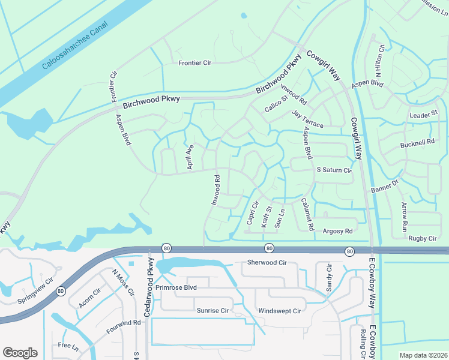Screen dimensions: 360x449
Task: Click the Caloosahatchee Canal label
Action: [x=74, y=48]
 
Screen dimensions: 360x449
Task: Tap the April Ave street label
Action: [x=190, y=157]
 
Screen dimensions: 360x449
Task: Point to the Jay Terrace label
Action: [x=307, y=119]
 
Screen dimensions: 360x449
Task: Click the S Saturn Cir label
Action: [x=334, y=170]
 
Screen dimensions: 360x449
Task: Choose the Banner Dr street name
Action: [x=385, y=187]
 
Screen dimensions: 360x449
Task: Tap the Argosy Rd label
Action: [x=337, y=230]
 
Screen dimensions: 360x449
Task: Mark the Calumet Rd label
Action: [x=307, y=214]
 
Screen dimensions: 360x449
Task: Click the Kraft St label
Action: [x=267, y=217]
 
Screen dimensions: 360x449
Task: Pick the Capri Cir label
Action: [x=253, y=212]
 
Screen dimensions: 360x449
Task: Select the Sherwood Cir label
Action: [x=268, y=263]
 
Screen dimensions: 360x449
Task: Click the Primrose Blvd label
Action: [x=176, y=287]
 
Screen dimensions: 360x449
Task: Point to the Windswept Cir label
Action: [x=280, y=311]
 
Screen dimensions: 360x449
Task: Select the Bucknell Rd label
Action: [x=417, y=144]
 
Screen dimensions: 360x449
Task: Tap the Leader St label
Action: [x=424, y=114]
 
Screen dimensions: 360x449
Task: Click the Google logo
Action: [x=20, y=353]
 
